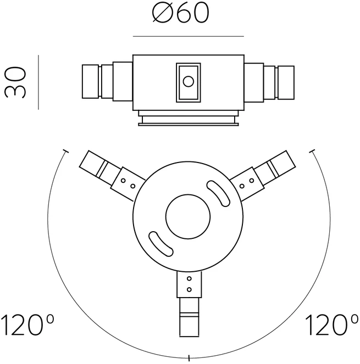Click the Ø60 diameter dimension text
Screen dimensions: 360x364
(181, 13)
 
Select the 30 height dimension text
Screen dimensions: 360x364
(15, 82)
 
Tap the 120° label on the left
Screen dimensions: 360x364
(27, 325)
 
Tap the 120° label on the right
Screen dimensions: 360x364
(331, 325)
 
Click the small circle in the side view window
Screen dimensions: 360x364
(189, 81)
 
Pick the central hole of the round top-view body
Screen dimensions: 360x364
(188, 217)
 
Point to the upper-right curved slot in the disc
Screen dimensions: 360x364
(218, 193)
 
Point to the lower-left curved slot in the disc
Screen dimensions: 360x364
(161, 244)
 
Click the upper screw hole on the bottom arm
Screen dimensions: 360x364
(189, 278)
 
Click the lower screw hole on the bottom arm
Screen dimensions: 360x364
(189, 289)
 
